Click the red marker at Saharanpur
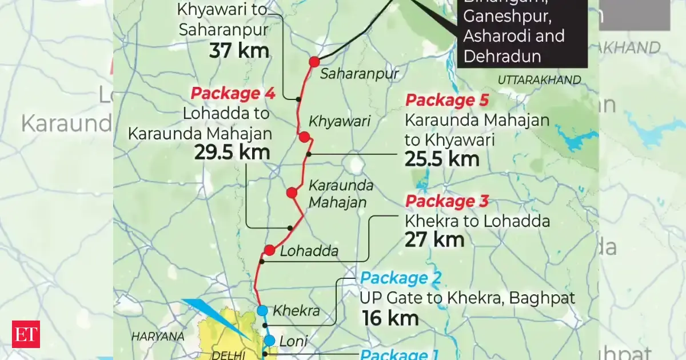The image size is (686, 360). click(314, 62)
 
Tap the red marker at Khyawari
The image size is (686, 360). click(304, 137)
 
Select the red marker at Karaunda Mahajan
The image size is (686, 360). click(292, 193)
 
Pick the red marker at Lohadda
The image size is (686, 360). click(270, 250)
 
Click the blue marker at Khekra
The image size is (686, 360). click(262, 310)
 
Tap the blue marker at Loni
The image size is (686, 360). click(269, 339)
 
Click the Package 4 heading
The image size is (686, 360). click(233, 93)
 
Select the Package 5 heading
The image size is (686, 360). click(447, 101)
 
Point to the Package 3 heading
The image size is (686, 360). click(446, 202)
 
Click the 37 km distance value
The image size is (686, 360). click(239, 51)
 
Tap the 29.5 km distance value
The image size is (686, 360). click(232, 153)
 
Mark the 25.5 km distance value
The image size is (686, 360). click(442, 159)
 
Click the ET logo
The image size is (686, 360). click(26, 333)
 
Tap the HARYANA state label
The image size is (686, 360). click(158, 337)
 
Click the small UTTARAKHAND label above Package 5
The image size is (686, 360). click(539, 80)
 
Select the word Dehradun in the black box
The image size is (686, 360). click(502, 55)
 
